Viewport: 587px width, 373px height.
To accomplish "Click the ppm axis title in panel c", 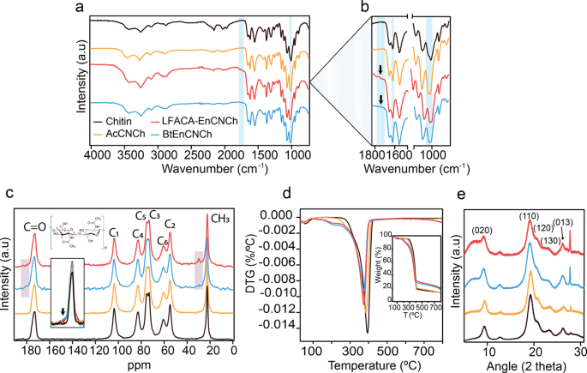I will pyautogui.click(x=130, y=364).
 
